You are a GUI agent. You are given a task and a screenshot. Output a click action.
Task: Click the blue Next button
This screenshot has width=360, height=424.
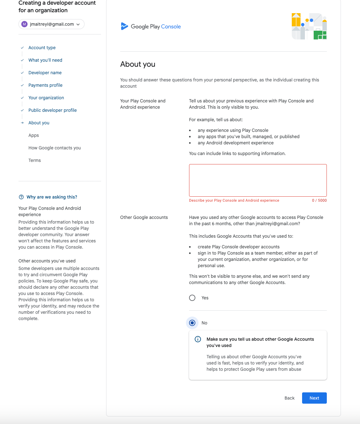(314, 398)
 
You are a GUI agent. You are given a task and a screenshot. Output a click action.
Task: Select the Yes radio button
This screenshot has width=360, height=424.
(192, 298)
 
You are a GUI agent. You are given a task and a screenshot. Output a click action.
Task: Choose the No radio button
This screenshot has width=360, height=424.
(192, 323)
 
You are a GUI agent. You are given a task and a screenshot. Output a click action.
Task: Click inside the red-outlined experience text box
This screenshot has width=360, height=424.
(258, 180)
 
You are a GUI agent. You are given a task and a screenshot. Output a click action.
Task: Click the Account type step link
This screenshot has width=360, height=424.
(42, 48)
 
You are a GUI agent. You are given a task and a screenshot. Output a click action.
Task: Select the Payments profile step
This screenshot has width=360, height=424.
(45, 85)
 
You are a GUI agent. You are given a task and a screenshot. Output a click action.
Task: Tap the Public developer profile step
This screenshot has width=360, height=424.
(53, 110)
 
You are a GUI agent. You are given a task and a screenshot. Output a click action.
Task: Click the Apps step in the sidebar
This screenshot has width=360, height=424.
(34, 135)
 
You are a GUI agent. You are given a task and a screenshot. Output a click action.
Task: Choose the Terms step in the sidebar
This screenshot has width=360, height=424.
(35, 160)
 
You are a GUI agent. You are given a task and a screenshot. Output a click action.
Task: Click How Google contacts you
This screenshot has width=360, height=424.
(54, 148)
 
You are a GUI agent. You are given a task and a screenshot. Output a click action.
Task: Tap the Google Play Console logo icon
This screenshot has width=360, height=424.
(124, 26)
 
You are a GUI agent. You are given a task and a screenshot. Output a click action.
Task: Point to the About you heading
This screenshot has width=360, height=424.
(138, 64)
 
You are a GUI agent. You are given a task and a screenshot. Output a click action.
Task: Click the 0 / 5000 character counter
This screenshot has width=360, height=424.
(319, 200)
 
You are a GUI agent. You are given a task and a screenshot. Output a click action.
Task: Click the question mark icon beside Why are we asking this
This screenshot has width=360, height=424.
(21, 197)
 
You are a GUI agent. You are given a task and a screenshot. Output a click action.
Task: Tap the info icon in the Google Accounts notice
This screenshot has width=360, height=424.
(198, 339)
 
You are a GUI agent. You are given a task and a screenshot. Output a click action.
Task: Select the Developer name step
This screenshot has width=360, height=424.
(45, 73)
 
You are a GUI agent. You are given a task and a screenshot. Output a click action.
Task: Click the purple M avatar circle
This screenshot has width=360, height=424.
(24, 24)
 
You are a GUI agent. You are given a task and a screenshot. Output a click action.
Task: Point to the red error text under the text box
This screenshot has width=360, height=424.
(234, 200)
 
